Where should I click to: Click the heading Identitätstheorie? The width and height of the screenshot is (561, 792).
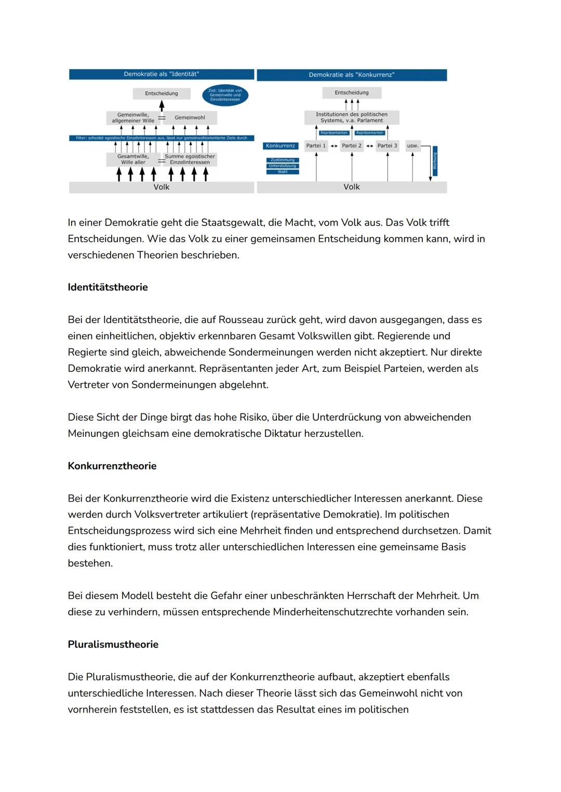coord(108,287)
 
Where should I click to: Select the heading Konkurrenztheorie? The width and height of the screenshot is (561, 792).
coord(112,466)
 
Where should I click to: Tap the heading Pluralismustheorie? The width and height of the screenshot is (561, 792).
coord(113,645)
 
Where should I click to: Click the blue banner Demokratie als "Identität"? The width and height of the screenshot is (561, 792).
coord(161,74)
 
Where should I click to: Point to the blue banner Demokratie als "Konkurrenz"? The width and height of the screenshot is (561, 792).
coord(352,75)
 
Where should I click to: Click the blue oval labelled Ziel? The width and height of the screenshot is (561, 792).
coord(225,95)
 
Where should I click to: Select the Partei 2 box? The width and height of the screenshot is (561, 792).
coord(352,146)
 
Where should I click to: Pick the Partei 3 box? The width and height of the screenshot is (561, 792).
coord(387,146)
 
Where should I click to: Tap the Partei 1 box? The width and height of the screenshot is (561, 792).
coord(316,146)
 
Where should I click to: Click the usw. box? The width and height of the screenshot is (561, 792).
coord(412,146)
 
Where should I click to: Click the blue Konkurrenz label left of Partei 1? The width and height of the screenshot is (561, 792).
coord(280,146)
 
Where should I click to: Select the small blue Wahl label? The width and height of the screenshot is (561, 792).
coord(282,172)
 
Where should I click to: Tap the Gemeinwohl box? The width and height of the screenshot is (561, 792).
coord(190,118)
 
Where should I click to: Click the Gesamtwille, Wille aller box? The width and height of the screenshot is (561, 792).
coord(133,159)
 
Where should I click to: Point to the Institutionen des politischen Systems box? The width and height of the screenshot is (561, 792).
coord(352,117)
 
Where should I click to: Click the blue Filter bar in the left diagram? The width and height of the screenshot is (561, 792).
coord(161,138)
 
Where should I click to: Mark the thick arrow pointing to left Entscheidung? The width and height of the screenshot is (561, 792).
coord(162,105)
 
